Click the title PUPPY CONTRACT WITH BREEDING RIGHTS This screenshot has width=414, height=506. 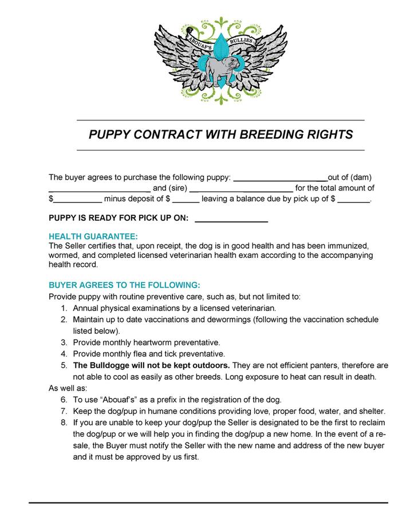[x=220, y=135]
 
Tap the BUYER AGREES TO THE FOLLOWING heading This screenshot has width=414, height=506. [x=124, y=284]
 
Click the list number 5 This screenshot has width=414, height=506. [x=64, y=365]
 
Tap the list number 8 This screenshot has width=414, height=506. [x=64, y=423]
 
